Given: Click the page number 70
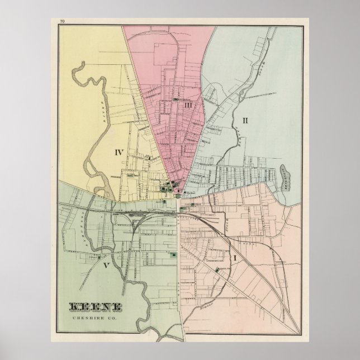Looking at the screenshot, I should [x=63, y=21].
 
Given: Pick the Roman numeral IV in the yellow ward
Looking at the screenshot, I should [x=119, y=151].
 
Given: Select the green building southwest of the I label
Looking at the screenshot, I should [x=217, y=271].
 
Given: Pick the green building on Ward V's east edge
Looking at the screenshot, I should [x=173, y=255].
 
